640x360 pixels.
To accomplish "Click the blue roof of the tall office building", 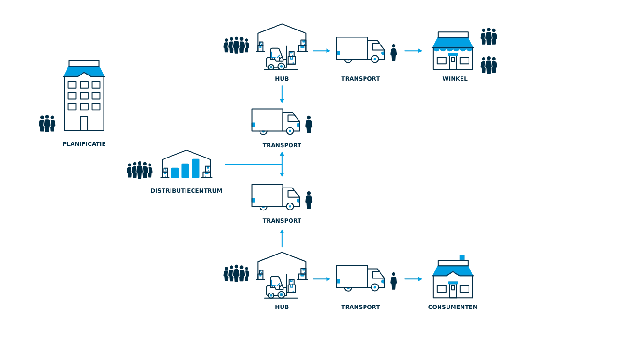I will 84,71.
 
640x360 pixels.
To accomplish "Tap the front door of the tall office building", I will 84,123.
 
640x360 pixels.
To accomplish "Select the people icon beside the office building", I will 47,124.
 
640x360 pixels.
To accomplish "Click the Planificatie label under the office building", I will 84,143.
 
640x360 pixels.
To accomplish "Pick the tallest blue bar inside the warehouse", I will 196,167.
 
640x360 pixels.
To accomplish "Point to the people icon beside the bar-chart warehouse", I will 140,170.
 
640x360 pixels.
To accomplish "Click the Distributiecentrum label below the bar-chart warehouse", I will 187,191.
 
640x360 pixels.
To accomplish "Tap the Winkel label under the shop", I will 455,79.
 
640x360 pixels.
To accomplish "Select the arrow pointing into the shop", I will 412,50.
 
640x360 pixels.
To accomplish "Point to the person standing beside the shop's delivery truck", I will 393,52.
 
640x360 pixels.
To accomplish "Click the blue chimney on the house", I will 461,257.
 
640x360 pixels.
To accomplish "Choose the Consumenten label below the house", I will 453,307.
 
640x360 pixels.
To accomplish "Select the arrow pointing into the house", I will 412,279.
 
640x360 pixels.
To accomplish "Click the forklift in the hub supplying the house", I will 276,290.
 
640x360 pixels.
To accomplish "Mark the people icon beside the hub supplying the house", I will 236,273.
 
